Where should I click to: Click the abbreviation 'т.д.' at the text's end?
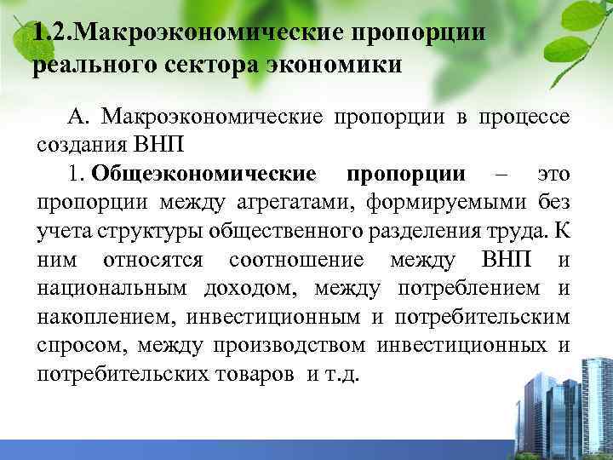[339, 375]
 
